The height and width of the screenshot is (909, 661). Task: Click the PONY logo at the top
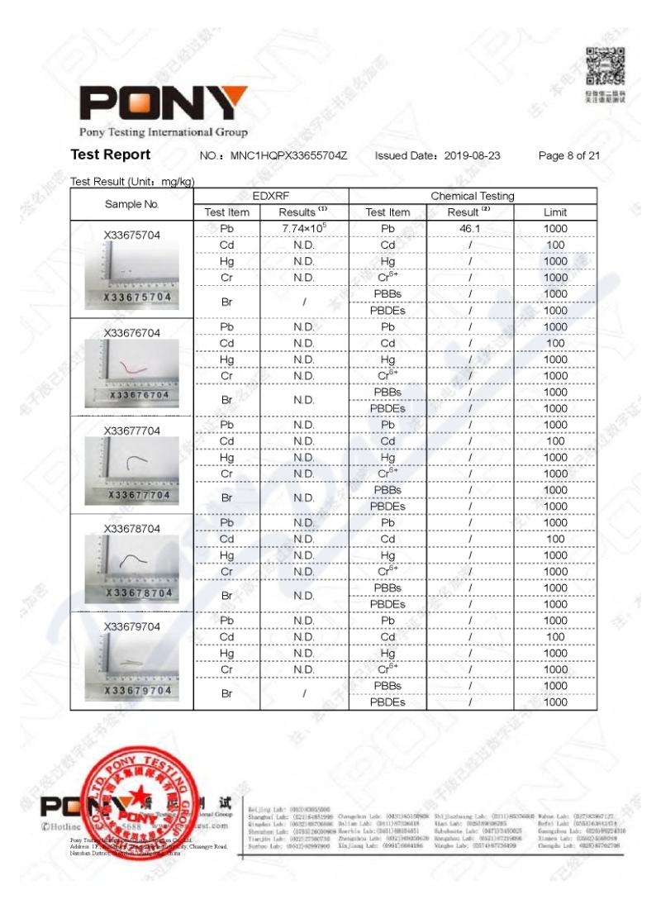[163, 104]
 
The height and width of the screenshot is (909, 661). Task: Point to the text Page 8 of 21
[568, 155]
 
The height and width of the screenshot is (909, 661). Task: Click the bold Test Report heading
[111, 155]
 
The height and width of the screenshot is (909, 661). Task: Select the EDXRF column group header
[271, 196]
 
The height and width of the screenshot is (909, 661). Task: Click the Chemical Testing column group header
[472, 196]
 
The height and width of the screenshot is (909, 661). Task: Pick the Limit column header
[555, 212]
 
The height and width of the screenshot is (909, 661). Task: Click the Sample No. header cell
[132, 204]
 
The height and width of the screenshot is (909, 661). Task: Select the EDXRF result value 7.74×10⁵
[304, 227]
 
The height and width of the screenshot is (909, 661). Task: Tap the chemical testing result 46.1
[470, 228]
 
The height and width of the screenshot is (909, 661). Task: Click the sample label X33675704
[132, 235]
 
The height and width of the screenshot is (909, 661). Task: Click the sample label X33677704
[132, 431]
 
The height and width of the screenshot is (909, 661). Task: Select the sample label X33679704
[132, 626]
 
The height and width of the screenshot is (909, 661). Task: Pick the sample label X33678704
[132, 529]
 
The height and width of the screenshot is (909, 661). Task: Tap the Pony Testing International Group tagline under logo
[163, 132]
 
